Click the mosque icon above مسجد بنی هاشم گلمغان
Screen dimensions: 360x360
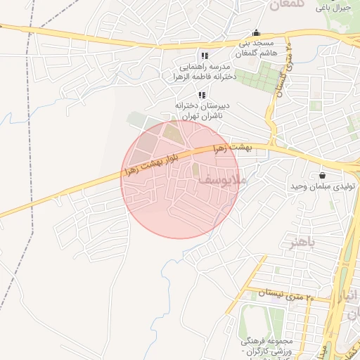pos(256,32)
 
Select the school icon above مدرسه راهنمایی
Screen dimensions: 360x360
pos(205,56)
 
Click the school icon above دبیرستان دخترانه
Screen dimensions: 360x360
pos(202,95)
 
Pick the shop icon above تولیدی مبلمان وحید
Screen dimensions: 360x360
pos(323,175)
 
